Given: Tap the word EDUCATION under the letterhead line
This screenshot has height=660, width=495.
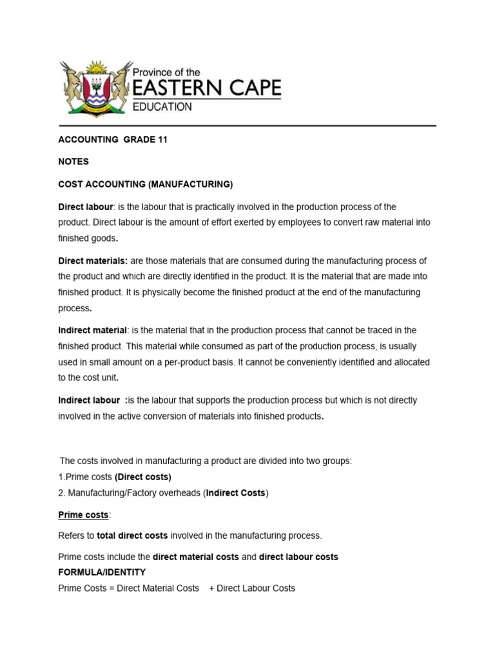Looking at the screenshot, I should [162, 107].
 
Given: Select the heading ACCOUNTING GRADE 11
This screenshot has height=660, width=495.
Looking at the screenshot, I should [113, 140].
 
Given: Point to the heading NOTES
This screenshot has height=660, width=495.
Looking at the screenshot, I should [73, 162].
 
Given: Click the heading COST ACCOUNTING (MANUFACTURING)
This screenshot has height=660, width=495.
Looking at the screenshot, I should [145, 184].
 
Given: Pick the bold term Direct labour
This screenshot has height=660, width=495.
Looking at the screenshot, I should [86, 207].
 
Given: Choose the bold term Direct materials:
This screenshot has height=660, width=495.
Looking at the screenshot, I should [93, 261].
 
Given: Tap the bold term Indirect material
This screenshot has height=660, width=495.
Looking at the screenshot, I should [92, 331].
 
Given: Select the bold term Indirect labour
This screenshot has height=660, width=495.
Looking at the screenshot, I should [89, 400].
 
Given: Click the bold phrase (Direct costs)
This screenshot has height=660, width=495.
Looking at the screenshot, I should [143, 477].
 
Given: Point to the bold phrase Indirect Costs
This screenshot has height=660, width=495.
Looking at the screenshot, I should [235, 493].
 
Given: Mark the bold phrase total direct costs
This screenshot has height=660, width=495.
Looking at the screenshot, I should [132, 536].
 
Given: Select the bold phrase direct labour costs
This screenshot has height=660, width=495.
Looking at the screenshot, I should [298, 557].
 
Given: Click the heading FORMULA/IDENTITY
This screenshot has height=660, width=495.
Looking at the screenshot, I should [102, 572].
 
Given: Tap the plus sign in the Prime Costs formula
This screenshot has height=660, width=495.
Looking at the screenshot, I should [211, 588].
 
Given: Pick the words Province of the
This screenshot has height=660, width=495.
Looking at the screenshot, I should [166, 73].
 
